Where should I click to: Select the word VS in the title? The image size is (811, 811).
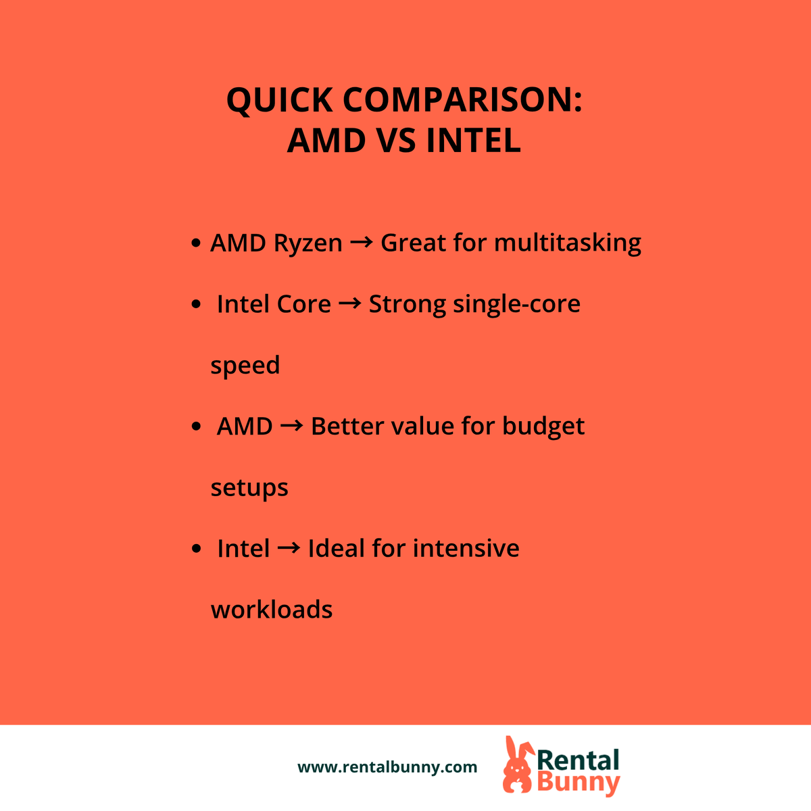click(x=395, y=141)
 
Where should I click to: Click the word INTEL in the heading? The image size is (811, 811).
click(x=473, y=141)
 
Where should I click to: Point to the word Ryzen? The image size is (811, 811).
click(x=308, y=243)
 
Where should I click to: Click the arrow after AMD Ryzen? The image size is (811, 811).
click(x=362, y=243)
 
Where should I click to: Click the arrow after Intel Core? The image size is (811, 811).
click(x=349, y=304)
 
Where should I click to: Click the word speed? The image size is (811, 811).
click(x=245, y=366)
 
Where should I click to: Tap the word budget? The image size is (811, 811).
click(x=543, y=426)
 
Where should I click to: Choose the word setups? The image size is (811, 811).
click(x=249, y=488)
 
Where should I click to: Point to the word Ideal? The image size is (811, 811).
click(x=337, y=548)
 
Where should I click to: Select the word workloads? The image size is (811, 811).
click(x=272, y=610)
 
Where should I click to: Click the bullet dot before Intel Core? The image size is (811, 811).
click(x=196, y=305)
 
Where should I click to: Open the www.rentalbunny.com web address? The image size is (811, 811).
click(x=387, y=767)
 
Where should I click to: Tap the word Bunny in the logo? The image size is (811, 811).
click(x=578, y=783)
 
